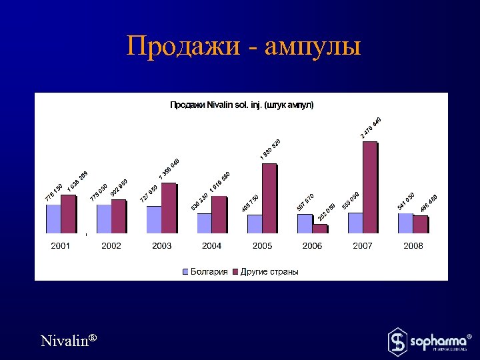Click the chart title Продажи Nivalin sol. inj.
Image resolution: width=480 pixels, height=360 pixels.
click(241, 105)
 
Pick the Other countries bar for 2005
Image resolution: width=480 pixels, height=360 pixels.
click(269, 198)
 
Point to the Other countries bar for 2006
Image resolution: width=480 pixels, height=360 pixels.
click(320, 228)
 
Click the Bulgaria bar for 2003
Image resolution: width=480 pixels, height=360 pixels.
click(153, 219)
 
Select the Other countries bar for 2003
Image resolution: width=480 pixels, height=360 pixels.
click(169, 207)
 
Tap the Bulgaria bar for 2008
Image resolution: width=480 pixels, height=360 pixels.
click(405, 223)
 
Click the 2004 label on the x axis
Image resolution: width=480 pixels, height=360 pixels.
click(212, 246)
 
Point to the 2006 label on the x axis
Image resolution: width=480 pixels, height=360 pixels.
click(312, 246)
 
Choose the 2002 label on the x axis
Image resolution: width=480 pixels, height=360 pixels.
click(111, 246)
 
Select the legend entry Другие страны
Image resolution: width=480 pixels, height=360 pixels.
click(269, 271)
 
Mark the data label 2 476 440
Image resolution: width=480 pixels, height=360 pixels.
click(371, 127)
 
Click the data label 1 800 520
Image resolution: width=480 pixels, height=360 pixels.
click(270, 149)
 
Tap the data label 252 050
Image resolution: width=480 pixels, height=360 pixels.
click(327, 211)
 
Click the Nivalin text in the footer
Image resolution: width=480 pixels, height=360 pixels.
click(69, 341)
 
